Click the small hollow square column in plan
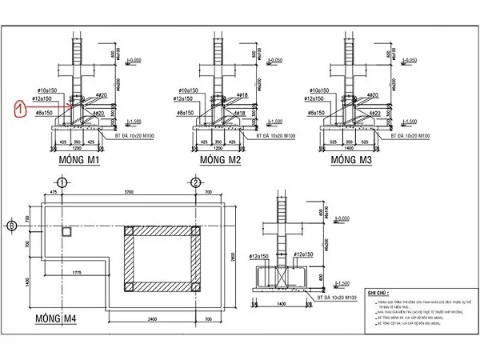click(68, 232)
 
